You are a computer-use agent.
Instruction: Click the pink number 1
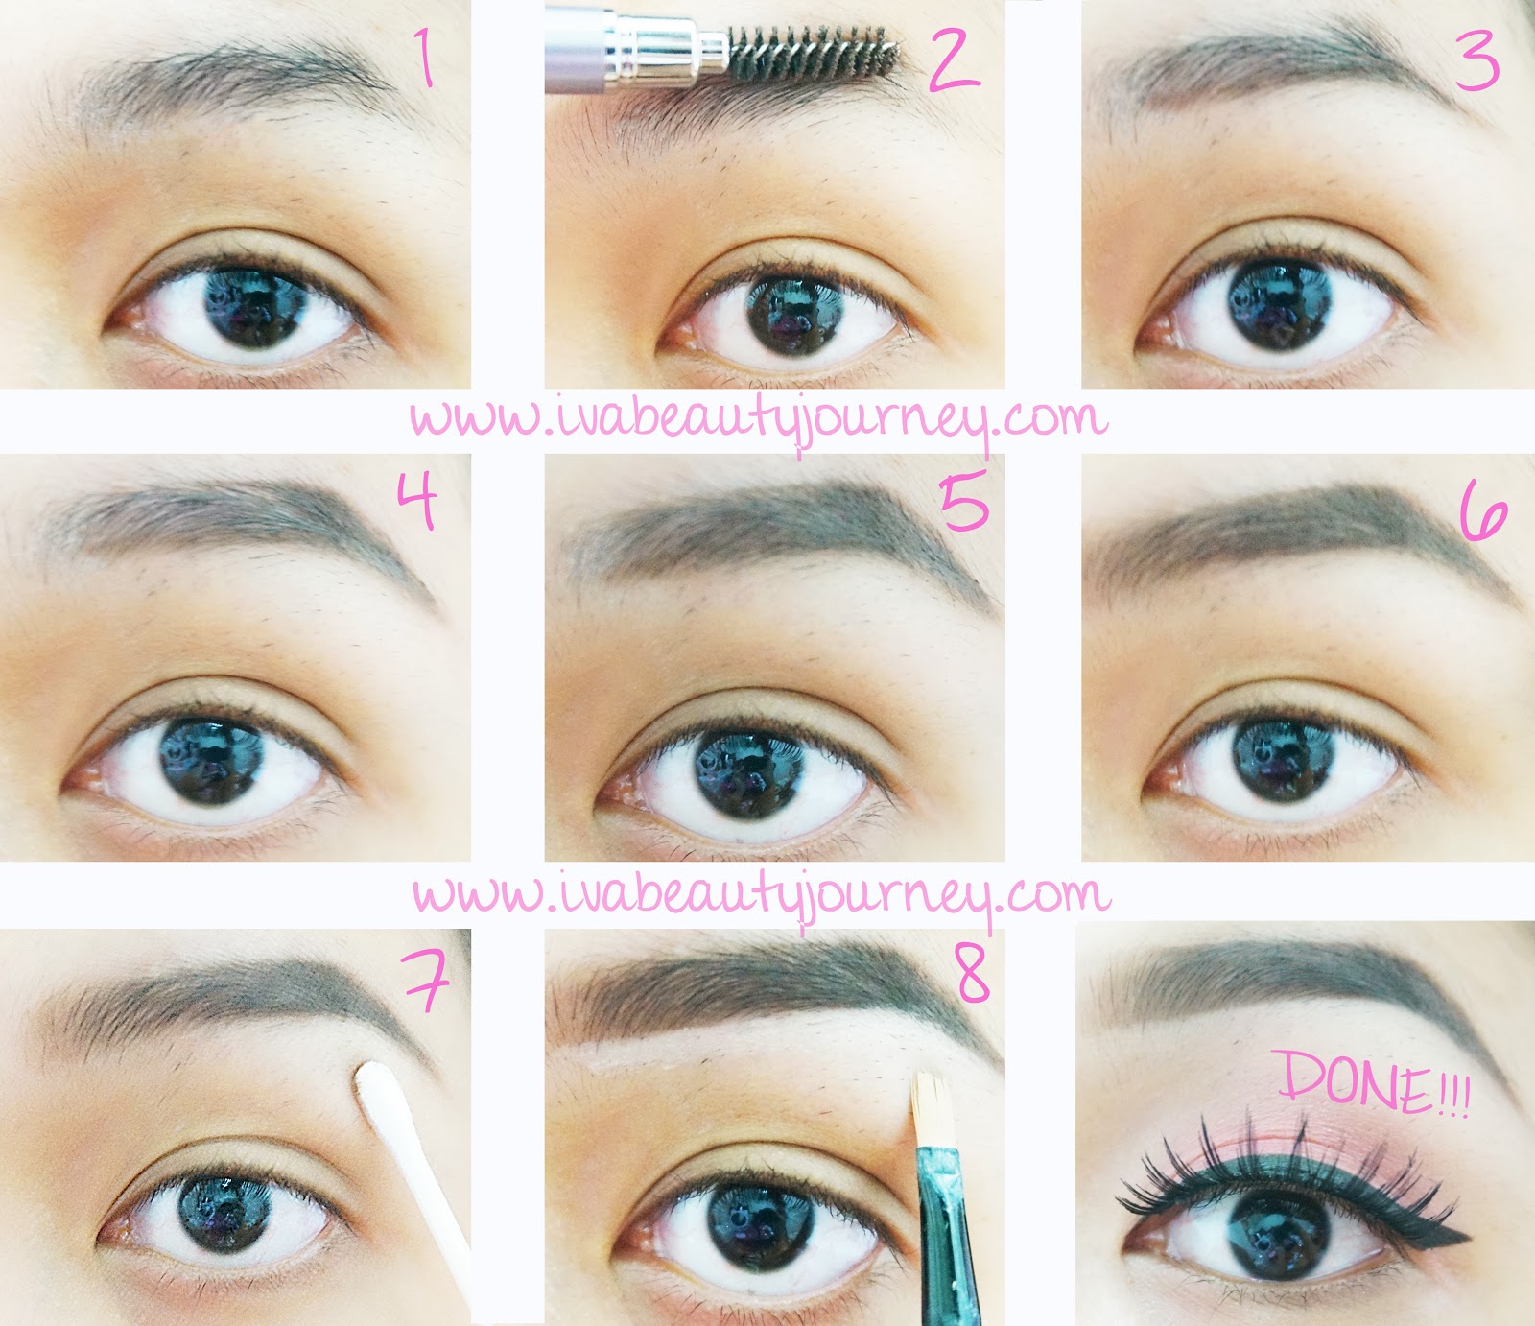coord(423,57)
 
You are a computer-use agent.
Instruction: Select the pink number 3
coord(1476,60)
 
